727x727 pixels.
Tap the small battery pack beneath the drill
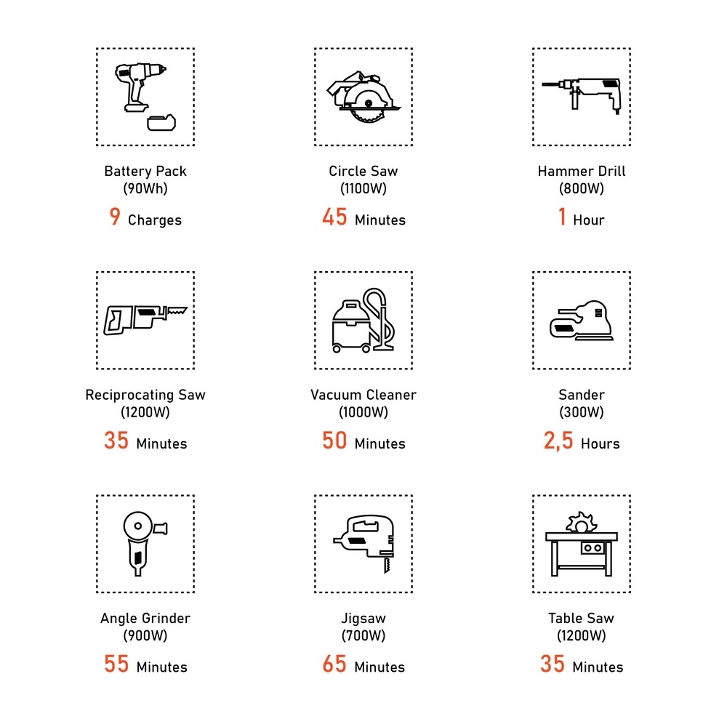coord(161,122)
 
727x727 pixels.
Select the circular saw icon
coord(363,97)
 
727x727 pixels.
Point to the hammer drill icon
coord(582,95)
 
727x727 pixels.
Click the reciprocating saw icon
coord(145,319)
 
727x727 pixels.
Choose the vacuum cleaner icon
coord(363,321)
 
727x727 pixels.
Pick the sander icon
coord(582,321)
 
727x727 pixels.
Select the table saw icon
coord(582,544)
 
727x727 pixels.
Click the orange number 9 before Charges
coord(115,217)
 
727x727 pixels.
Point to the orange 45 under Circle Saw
coord(334,217)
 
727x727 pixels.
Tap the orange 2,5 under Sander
coord(558,441)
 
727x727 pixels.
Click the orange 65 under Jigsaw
coord(334,664)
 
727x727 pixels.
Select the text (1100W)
coord(363,189)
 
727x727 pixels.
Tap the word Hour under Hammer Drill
coord(589,220)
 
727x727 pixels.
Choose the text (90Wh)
coord(145,189)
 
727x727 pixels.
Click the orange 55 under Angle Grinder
coord(116,664)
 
